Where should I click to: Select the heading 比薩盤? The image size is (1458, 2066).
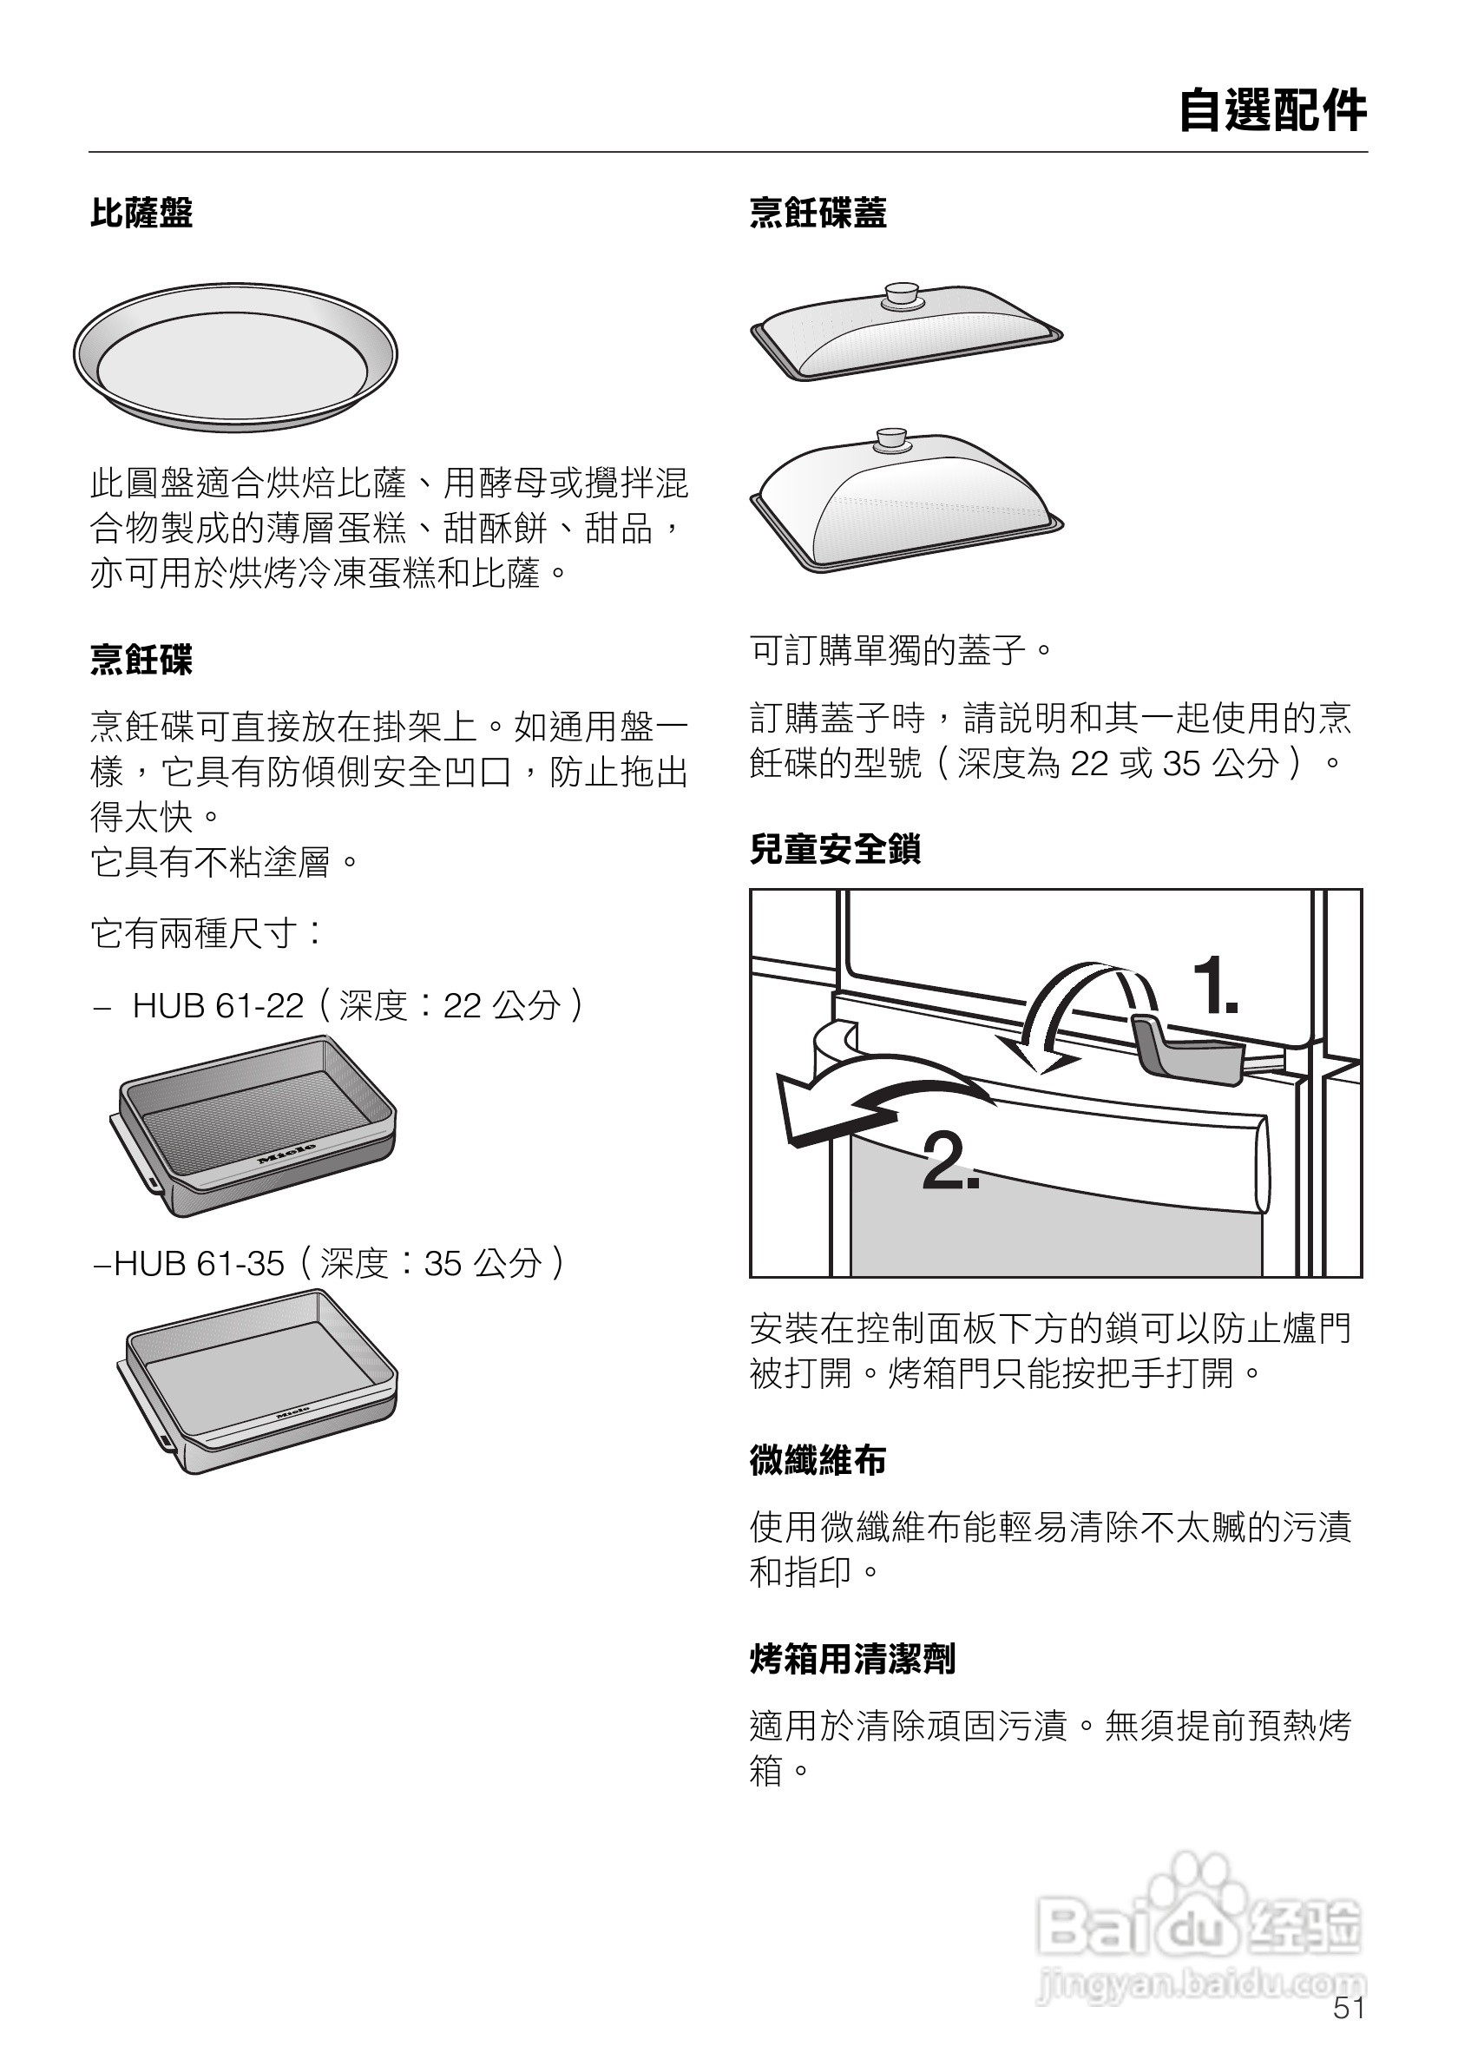141,214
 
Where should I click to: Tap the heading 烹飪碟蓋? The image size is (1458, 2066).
818,214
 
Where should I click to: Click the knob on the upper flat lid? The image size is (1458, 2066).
899,293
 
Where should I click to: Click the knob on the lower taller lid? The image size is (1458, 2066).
891,438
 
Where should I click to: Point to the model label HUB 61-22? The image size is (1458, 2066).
218,1006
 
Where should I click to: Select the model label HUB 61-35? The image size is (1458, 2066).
199,1263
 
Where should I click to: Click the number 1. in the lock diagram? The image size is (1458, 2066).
1215,987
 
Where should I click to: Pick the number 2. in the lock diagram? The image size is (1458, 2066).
949,1161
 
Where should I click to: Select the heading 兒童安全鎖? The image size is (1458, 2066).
835,849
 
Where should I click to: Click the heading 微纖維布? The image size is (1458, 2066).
818,1459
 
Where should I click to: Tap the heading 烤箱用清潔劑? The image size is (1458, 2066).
851,1658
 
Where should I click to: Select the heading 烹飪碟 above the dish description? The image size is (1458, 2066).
141,660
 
